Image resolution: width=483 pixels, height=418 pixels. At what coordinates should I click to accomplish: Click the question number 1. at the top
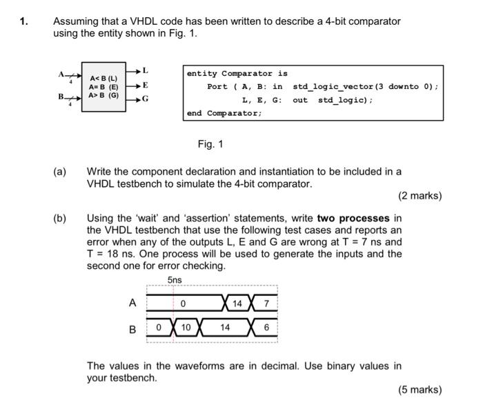click(24, 21)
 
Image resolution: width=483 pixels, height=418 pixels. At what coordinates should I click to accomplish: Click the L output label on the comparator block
click(146, 71)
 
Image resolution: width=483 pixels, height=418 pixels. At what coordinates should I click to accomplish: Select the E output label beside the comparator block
click(146, 86)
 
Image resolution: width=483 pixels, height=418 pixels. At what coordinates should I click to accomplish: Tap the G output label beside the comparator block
click(146, 99)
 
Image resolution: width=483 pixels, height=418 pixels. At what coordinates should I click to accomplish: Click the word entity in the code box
click(201, 74)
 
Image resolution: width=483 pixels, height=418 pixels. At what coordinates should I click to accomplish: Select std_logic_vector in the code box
click(333, 87)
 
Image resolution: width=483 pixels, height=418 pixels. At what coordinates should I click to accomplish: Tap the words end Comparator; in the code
click(224, 113)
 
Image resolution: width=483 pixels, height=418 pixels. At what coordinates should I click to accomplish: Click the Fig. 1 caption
click(210, 144)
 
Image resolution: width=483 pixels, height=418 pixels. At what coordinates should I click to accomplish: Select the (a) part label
click(61, 171)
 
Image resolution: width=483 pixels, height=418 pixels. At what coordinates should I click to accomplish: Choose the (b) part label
click(61, 218)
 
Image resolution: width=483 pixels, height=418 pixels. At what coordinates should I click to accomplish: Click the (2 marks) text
click(420, 196)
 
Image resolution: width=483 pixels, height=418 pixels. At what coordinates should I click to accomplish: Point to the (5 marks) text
click(420, 390)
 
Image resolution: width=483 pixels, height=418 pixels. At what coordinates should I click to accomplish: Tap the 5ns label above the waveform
click(175, 280)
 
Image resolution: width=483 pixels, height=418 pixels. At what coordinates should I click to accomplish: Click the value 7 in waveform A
click(266, 303)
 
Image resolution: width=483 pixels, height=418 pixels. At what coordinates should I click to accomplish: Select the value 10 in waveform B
click(186, 328)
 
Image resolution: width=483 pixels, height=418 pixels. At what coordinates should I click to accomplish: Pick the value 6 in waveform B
click(266, 328)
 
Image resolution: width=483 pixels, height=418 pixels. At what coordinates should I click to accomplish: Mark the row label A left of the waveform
click(132, 303)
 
